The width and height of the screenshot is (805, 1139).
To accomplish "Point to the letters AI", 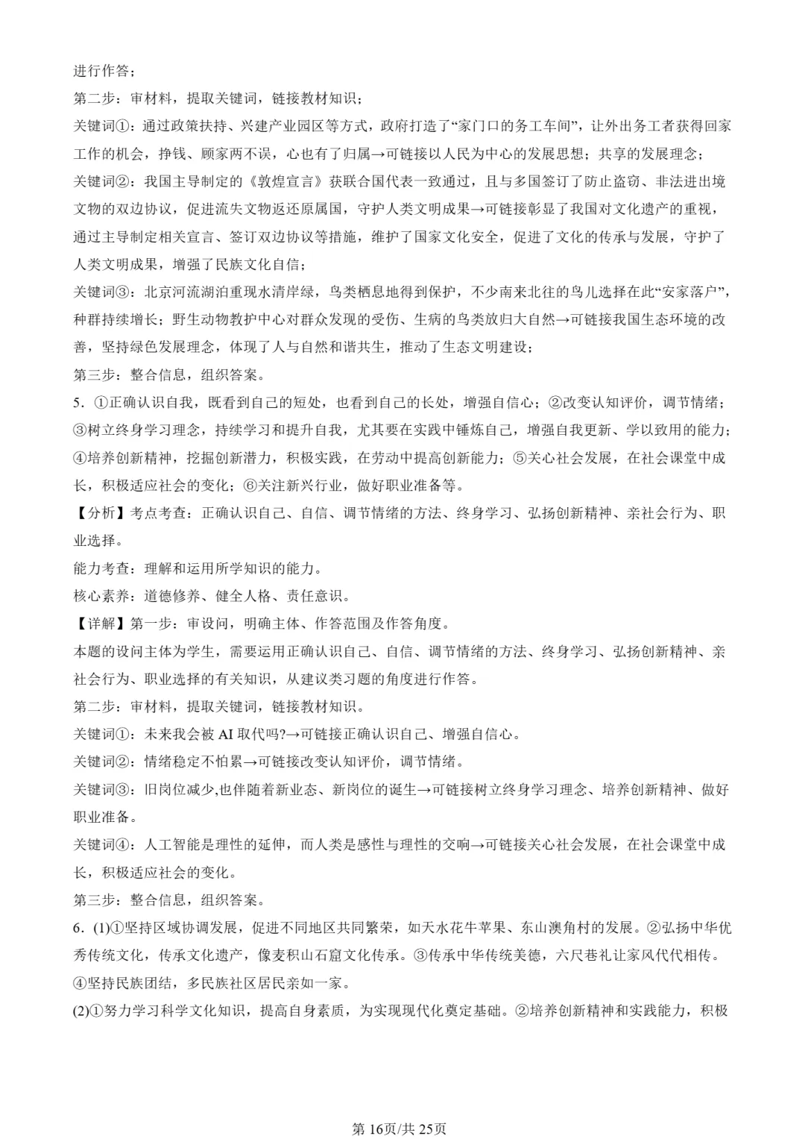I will (226, 734).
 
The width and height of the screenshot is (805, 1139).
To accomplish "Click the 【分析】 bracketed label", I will (101, 513).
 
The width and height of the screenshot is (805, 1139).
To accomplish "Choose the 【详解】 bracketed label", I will (101, 624).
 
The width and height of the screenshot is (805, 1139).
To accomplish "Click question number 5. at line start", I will (78, 403).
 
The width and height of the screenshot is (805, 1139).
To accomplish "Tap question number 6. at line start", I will (78, 928).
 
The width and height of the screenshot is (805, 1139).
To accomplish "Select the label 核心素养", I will (101, 596).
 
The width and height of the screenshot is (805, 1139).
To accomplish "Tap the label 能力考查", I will (101, 568).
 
